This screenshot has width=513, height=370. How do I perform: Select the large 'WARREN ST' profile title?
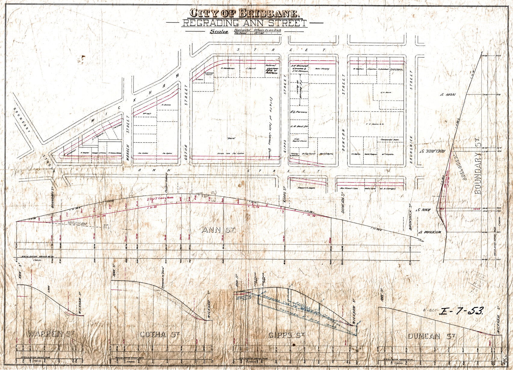point(51,334)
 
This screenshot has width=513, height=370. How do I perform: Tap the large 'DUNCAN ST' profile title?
point(431,336)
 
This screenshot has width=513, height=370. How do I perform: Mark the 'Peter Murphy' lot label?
point(322,69)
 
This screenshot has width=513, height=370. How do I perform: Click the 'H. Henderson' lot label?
point(227,68)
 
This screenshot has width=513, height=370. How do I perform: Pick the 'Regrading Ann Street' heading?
point(244,23)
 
